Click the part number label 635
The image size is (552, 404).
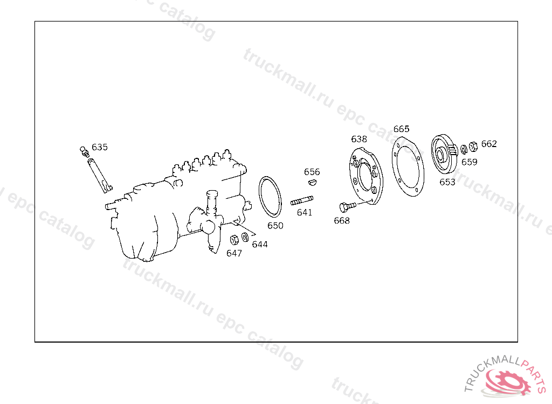pos(100,147)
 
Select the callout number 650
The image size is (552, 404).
pos(275,226)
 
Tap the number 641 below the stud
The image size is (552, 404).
pos(305,212)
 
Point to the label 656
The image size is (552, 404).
pos(312,172)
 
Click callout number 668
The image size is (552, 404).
pos(342,221)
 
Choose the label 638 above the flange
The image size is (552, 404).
pos(359,139)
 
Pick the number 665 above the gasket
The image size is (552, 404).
pos(401,129)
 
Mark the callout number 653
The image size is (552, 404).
pos(447,182)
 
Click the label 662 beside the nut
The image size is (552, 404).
pos(489,144)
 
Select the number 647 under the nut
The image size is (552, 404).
pos(234,253)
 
